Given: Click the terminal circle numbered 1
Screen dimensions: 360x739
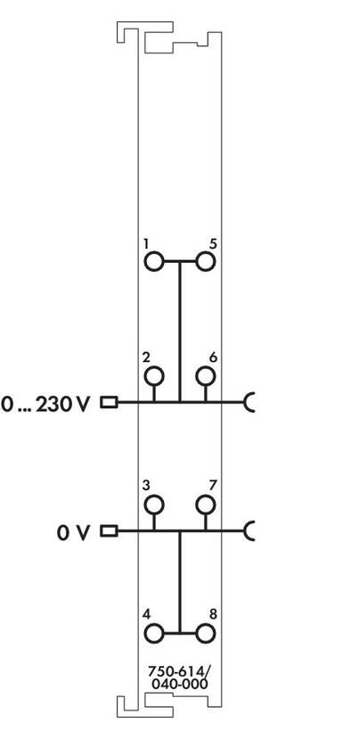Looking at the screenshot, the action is pos(153,261).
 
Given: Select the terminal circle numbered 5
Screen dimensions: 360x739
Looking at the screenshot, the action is pos(206,261).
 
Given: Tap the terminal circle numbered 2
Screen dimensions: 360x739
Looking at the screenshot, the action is pos(153,376).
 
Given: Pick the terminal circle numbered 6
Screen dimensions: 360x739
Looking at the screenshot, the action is pos(206,376).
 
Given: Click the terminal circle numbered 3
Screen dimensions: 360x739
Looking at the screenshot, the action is pos(153,505).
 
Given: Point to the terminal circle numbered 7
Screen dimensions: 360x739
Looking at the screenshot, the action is pos(206,505).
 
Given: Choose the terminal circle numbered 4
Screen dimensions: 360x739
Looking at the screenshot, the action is pos(153,634).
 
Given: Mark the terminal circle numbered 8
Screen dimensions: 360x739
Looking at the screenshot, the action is pos(206,634).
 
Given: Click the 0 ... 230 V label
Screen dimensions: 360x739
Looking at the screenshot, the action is pos(45,405).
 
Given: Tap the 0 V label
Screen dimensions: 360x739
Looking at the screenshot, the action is pos(73,533).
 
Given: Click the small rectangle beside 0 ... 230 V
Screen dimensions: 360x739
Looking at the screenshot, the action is pos(109,402).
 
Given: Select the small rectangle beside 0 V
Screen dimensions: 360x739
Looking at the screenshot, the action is pos(109,531).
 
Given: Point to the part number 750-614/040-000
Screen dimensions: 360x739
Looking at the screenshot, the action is pos(178,677).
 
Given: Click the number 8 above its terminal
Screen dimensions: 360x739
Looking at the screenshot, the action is pos(213,614).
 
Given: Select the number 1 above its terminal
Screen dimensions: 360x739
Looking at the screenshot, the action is pos(146,243).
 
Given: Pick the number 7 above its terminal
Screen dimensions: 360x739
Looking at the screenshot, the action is pos(213,486).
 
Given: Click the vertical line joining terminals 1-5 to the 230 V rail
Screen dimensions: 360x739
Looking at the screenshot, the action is pos(179,332).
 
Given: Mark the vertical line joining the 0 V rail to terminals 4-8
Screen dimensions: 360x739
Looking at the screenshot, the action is pos(179,582).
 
